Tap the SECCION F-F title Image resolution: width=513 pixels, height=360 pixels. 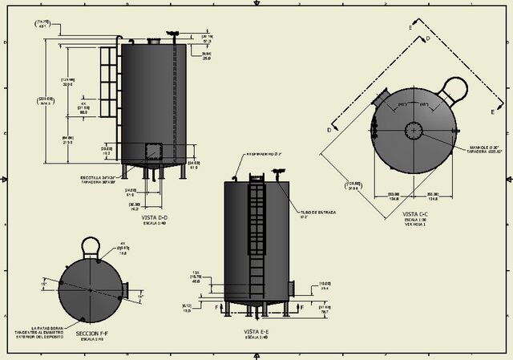tap(91, 334)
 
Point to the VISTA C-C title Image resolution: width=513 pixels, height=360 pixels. tap(415, 214)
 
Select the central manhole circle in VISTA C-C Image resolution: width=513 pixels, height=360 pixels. tap(413, 130)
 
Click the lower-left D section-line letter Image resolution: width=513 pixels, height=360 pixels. tap(329, 129)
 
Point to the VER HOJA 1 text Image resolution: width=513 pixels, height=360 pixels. tap(415, 227)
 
